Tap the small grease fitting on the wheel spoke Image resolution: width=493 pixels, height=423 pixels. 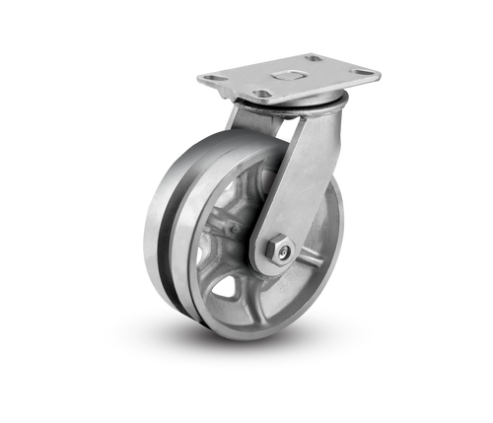tap(233, 230)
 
